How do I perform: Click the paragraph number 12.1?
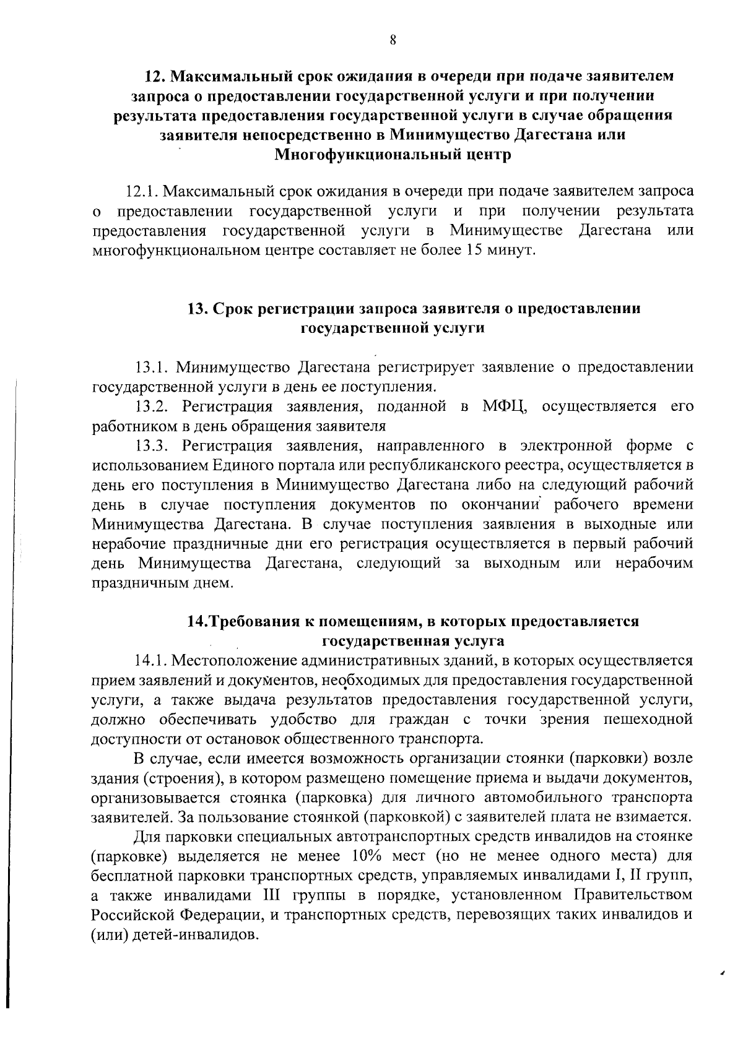pyautogui.click(x=144, y=191)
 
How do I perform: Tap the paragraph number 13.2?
pyautogui.click(x=154, y=407)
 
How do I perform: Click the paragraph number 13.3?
pyautogui.click(x=154, y=445)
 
